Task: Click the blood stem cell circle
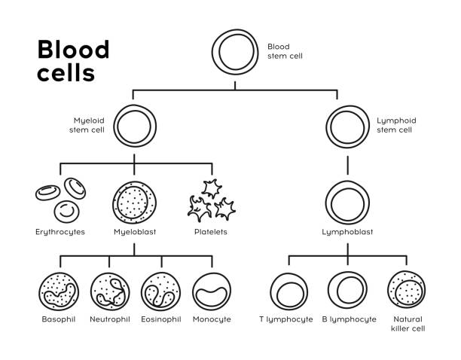212,52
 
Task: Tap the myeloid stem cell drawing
114,127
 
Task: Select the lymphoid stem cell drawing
327,127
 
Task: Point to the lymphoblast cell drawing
326,203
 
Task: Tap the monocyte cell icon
194,291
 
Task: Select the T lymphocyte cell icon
271,291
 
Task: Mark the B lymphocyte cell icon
328,291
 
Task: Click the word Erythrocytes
60,232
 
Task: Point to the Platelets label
211,232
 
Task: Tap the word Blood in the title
74,49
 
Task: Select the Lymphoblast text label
347,232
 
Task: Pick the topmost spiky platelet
212,189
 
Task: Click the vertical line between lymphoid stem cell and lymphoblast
348,165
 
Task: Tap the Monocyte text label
212,319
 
